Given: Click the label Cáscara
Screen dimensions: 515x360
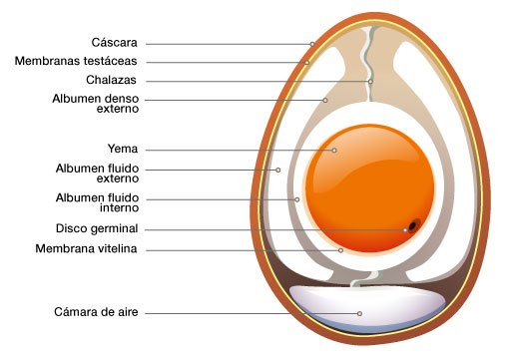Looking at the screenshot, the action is (114, 43).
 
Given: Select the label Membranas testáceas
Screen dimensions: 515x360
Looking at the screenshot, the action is (76, 61).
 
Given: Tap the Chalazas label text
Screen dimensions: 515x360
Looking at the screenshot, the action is (111, 80).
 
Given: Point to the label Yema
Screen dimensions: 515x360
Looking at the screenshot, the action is (123, 149).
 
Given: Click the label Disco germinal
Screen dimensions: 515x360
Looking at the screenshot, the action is (97, 228).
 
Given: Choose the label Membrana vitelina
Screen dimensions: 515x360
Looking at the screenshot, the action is (86, 248).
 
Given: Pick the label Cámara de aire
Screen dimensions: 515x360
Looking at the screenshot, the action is (96, 312).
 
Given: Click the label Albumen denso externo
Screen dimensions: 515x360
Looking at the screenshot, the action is (96, 104).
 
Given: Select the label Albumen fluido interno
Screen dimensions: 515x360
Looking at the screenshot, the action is (97, 202).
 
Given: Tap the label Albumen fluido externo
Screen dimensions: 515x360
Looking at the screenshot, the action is (97, 174).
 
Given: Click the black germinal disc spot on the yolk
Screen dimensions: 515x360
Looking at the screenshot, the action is (412, 226).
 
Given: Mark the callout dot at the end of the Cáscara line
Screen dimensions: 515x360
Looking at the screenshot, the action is (312, 44).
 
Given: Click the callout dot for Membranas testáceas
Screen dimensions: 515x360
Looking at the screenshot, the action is (307, 63).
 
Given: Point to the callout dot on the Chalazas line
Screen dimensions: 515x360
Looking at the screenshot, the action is (370, 82).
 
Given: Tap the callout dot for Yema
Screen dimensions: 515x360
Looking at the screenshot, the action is (334, 151).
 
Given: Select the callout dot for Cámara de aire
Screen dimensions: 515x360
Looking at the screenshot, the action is (359, 313).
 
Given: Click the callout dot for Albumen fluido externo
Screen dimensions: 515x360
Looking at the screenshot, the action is (278, 170).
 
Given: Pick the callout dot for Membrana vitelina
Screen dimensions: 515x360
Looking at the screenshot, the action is (340, 250).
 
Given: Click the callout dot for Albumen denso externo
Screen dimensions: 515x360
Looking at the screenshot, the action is (325, 100).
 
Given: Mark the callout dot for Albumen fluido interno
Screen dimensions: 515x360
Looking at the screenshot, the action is (297, 199).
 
